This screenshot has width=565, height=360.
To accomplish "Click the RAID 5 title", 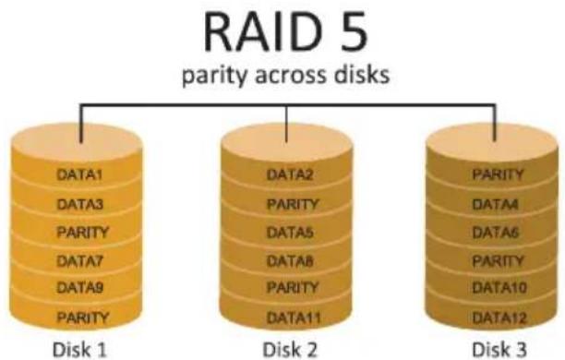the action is [285, 32].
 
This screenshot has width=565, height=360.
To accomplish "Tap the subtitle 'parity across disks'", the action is [286, 75].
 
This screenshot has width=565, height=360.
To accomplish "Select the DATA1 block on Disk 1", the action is [80, 175].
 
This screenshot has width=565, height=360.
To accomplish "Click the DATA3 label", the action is [80, 204].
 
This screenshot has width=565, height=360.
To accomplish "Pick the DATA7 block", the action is [80, 260].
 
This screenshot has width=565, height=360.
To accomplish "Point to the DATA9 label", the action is [80, 288].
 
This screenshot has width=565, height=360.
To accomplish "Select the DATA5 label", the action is [290, 233].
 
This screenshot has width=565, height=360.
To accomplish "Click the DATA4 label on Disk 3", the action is [496, 204].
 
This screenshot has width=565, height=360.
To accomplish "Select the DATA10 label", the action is [499, 288].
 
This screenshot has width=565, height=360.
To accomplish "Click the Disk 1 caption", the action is [79, 350].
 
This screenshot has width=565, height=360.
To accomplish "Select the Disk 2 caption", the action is [290, 350].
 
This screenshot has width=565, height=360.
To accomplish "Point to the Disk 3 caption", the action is [499, 350].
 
